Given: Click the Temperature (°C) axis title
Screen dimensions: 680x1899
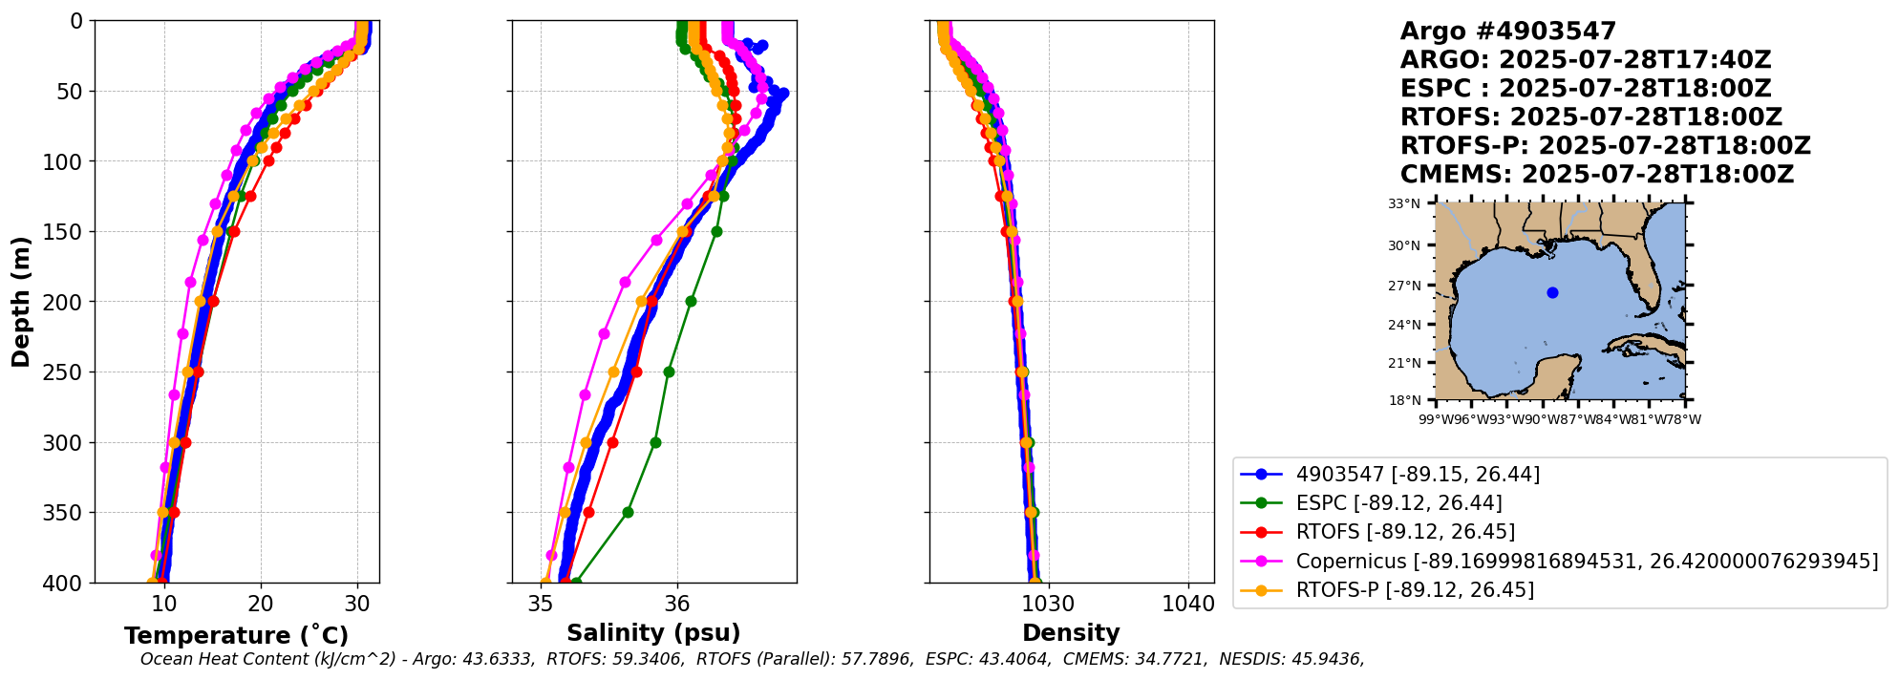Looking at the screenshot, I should coord(236,636).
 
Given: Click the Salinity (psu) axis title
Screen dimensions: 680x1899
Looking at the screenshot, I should coord(653,633).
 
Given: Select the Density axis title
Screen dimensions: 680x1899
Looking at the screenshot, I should coord(1071,633).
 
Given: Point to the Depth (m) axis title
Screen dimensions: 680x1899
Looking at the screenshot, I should coord(21,302).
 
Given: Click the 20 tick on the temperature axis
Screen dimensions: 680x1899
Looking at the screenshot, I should coord(261,605).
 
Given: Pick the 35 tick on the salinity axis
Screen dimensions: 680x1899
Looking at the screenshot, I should coord(541,605).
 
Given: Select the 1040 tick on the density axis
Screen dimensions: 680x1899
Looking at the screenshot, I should coord(1188,605).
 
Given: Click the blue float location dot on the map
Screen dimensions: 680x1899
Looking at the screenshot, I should coord(1552,293).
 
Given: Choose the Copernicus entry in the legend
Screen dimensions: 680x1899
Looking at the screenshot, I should coord(1586,562).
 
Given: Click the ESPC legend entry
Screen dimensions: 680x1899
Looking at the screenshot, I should coord(1398,503).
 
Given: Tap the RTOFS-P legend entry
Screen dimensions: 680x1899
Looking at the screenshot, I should coord(1414,590).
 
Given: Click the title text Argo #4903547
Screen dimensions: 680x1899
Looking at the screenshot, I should coord(1507,32).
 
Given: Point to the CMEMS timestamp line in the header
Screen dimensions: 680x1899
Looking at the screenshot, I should coord(1596,175).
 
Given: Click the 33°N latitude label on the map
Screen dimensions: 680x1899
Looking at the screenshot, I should coord(1404,203).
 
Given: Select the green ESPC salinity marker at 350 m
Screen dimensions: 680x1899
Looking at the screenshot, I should coord(628,513).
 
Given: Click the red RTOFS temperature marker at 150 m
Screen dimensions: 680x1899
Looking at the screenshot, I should coord(234,232).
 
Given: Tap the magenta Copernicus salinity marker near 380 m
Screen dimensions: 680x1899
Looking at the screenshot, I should coord(551,555).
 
